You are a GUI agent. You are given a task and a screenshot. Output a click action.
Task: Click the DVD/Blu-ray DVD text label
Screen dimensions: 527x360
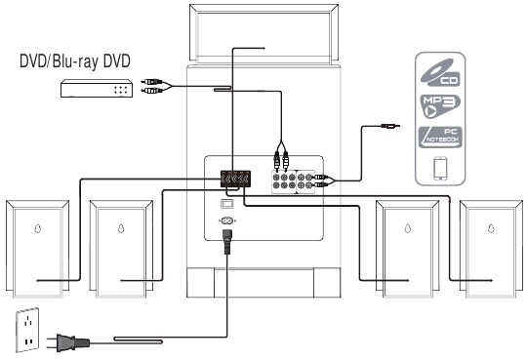[74, 61]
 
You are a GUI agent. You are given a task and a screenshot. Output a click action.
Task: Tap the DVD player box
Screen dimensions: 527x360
[97, 89]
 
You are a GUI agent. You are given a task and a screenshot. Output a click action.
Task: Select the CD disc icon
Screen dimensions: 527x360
[440, 72]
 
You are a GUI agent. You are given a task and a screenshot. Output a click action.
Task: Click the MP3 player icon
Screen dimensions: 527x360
[440, 106]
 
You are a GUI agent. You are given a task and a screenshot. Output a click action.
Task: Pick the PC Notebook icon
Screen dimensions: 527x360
[440, 138]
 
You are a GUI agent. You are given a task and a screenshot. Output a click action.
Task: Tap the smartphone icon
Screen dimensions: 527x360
[440, 169]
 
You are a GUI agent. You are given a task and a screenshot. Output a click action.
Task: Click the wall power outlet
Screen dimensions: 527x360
[27, 330]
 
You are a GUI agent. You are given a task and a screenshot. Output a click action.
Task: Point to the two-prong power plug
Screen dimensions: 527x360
[68, 342]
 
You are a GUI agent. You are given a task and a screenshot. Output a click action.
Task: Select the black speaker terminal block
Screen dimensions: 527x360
[235, 179]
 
